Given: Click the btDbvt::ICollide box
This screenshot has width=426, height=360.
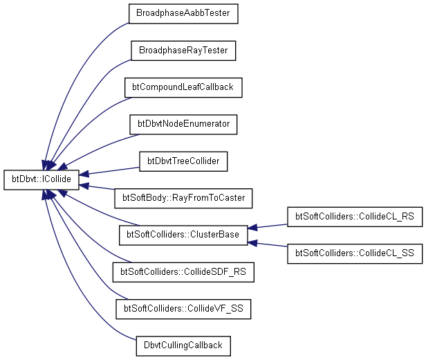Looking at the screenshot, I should [x=41, y=179].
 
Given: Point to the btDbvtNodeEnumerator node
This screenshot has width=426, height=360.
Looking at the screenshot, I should [x=183, y=124].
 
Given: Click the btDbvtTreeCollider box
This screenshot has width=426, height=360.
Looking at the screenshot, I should [x=183, y=161].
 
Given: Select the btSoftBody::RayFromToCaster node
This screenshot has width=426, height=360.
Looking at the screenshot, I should [x=183, y=198].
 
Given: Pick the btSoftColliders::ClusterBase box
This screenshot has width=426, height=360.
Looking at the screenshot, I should [x=183, y=235].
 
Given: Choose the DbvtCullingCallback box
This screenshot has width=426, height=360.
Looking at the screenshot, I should [x=183, y=345].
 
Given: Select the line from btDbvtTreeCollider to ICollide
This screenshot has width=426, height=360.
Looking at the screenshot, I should [x=111, y=170].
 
